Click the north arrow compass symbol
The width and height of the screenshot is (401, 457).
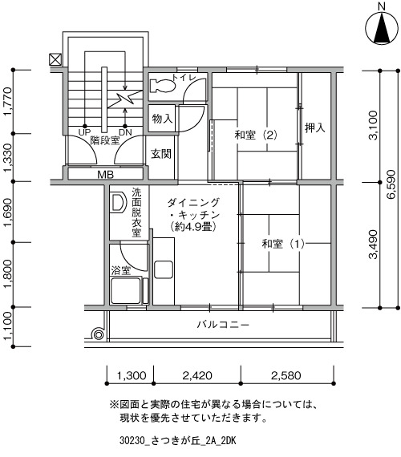[x=382, y=28]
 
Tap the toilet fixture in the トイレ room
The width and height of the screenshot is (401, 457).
[x=163, y=86]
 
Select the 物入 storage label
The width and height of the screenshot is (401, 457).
[x=162, y=119]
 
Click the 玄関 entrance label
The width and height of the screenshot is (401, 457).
[x=161, y=154]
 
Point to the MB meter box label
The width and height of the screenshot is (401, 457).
[x=105, y=175]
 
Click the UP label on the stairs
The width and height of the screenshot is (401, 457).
[x=84, y=132]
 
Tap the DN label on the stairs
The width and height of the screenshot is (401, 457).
[x=125, y=132]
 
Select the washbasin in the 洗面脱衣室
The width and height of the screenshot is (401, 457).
[x=118, y=202]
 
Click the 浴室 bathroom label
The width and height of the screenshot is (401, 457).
[x=121, y=270]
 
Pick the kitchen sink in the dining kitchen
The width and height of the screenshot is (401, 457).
[x=164, y=269]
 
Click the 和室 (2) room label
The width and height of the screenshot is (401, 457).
[x=256, y=135]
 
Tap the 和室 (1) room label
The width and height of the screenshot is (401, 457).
[x=283, y=244]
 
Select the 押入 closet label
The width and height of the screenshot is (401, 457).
[x=315, y=127]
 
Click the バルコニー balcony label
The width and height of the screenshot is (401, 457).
[x=223, y=325]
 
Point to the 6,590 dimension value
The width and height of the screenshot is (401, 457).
[x=391, y=184]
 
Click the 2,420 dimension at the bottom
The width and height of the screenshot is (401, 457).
[x=197, y=375]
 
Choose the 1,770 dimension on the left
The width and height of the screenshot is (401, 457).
[x=8, y=102]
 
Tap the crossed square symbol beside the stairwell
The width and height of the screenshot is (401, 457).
[x=55, y=59]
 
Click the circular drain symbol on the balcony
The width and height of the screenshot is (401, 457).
[x=99, y=334]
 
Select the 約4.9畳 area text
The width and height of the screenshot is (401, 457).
[x=193, y=227]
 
